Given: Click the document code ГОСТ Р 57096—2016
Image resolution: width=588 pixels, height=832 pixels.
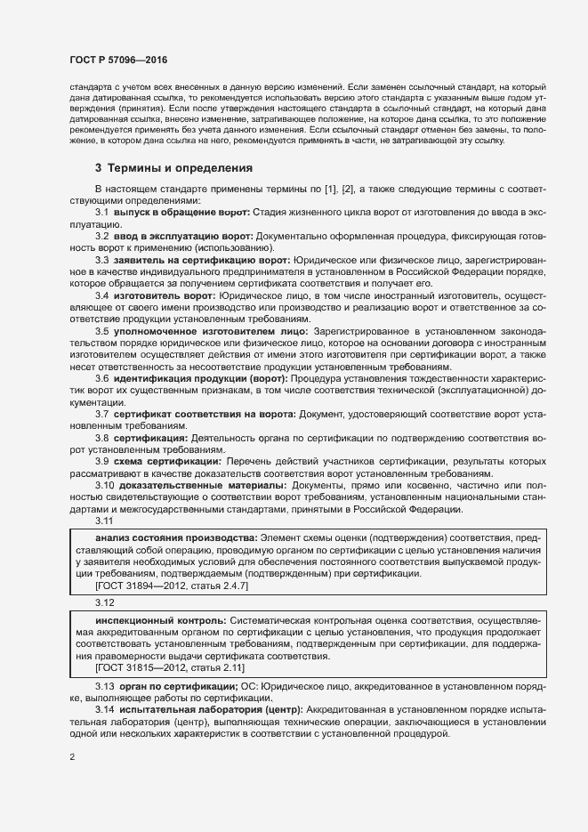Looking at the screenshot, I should tap(118, 59).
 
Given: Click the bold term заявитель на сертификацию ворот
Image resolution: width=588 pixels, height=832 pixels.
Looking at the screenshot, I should tap(201, 260).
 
